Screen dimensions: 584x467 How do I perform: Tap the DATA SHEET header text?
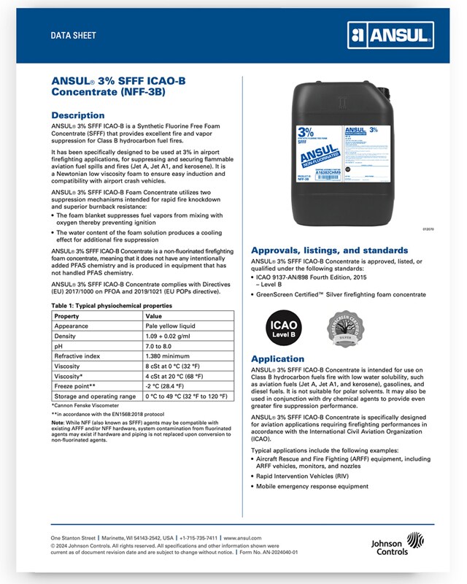coord(73,35)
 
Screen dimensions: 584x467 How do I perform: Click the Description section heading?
coord(77,115)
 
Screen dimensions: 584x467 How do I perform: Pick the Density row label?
coord(68,339)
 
